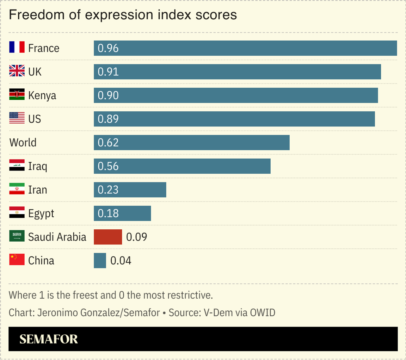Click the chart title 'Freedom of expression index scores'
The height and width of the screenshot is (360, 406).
(122, 15)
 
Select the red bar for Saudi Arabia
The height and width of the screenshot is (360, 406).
(107, 237)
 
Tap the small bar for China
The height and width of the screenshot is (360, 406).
(100, 261)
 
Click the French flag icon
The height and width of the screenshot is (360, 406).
(17, 47)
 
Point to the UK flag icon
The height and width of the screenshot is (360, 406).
(17, 71)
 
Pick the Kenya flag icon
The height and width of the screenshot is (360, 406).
(17, 95)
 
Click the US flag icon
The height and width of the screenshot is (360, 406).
(17, 118)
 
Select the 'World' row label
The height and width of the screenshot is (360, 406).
(23, 142)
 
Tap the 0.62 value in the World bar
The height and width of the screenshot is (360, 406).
(108, 142)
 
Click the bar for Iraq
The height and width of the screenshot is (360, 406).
(182, 166)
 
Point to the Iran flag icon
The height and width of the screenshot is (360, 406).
(17, 190)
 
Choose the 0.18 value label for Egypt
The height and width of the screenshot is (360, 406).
(108, 213)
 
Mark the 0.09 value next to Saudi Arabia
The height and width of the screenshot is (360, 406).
(136, 237)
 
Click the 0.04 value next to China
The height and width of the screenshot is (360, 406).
(121, 261)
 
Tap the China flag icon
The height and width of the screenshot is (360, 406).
(17, 260)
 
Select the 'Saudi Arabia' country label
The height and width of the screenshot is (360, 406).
(57, 237)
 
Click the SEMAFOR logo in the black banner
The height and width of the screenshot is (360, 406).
(49, 339)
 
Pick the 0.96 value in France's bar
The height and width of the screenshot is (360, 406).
(108, 48)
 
